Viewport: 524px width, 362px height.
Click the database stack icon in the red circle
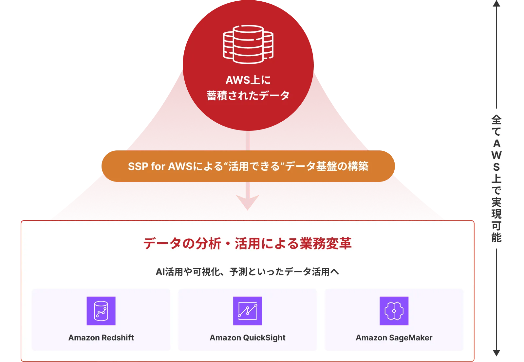pyautogui.click(x=248, y=44)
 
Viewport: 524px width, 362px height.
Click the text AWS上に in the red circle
pyautogui.click(x=248, y=80)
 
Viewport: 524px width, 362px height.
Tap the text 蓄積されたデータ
pyautogui.click(x=248, y=95)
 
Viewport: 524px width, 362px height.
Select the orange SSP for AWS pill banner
pyautogui.click(x=248, y=166)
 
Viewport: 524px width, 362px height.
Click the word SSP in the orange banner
pyautogui.click(x=138, y=166)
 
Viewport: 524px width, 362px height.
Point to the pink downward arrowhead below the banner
pyautogui.click(x=248, y=202)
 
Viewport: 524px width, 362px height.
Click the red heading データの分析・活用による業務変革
pyautogui.click(x=248, y=243)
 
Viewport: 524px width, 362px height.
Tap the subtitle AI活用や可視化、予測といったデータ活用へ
pyautogui.click(x=248, y=272)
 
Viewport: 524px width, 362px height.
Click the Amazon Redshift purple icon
pyautogui.click(x=101, y=311)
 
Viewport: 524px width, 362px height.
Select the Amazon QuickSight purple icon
pyautogui.click(x=248, y=311)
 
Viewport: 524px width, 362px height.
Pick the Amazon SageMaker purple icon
pyautogui.click(x=394, y=311)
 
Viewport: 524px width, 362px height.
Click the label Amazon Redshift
pyautogui.click(x=101, y=338)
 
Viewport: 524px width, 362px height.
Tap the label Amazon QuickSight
pyautogui.click(x=248, y=338)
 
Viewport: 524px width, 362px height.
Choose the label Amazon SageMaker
pyautogui.click(x=394, y=338)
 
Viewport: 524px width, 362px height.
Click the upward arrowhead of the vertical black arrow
pyautogui.click(x=496, y=3)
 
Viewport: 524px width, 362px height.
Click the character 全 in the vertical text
pyautogui.click(x=496, y=120)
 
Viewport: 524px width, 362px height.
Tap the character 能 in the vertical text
pyautogui.click(x=496, y=237)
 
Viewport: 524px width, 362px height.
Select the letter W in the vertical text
pyautogui.click(x=496, y=155)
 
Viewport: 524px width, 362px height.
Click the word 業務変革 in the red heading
pyautogui.click(x=326, y=243)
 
